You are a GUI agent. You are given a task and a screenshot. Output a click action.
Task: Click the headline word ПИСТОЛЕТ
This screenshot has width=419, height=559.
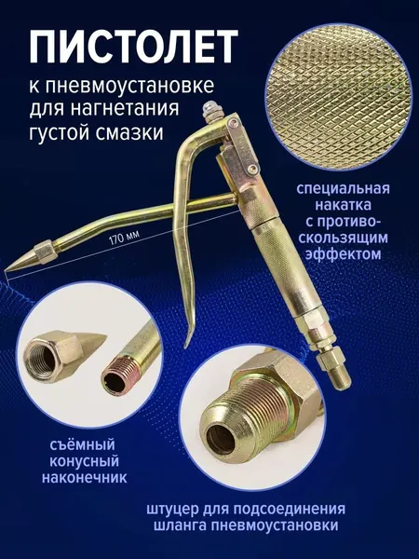[130, 44]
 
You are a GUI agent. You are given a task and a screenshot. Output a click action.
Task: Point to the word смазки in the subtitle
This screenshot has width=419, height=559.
[134, 133]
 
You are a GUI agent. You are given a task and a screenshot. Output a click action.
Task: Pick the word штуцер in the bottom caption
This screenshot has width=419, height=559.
[173, 511]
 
